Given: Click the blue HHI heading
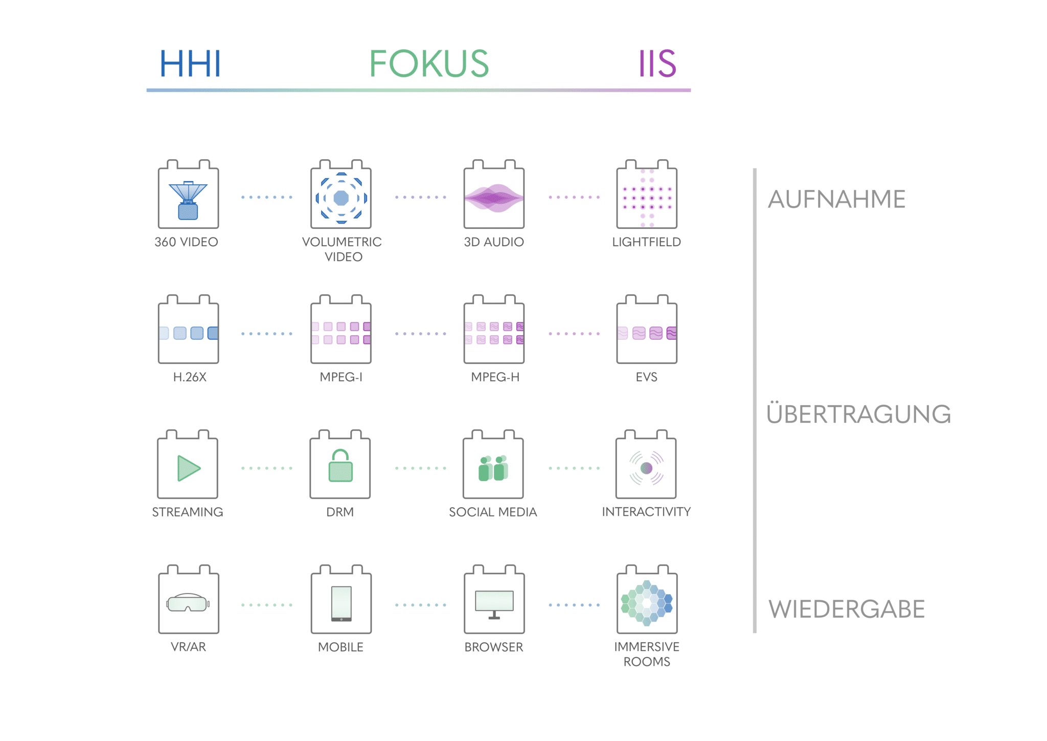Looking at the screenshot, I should (x=190, y=63).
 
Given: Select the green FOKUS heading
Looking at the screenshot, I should (x=429, y=63).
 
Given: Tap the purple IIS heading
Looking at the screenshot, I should (x=657, y=63).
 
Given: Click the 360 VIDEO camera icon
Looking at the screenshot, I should (x=188, y=200).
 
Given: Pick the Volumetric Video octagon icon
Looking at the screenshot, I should (x=341, y=198).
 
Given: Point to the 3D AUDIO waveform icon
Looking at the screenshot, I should (x=494, y=198).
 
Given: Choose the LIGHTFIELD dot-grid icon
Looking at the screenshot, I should (x=647, y=198).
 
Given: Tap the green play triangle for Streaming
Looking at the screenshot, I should (x=188, y=468).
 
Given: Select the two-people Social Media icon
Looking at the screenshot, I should (x=493, y=468).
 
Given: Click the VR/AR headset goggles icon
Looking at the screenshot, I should (x=188, y=603).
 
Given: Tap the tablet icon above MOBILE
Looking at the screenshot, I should (x=341, y=603).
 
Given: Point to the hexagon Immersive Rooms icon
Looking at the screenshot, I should (x=647, y=603).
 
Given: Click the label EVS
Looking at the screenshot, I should (x=646, y=377).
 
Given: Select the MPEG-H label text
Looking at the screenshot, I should (x=495, y=377).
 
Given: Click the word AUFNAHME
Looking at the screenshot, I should (x=836, y=199).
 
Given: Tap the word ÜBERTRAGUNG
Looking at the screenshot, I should (x=858, y=413).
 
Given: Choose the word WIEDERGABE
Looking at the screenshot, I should (x=847, y=609).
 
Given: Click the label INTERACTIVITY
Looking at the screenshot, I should (x=646, y=512).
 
